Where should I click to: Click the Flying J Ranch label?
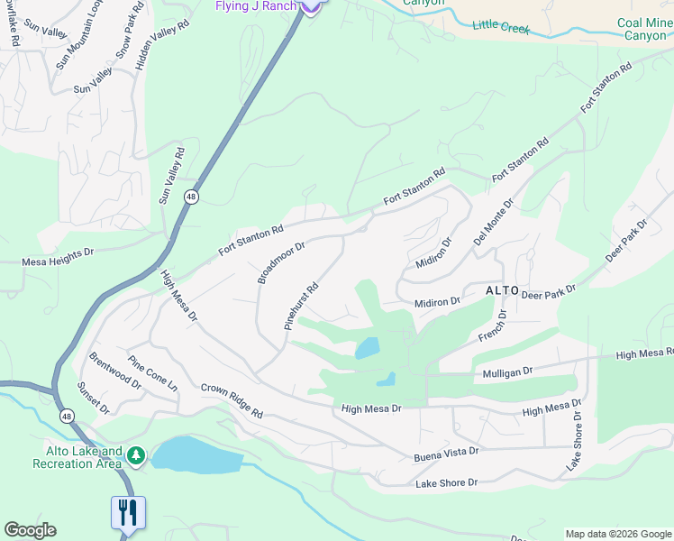pyautogui.click(x=255, y=6)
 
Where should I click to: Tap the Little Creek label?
pyautogui.click(x=502, y=28)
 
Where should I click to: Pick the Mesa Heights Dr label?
pyautogui.click(x=58, y=262)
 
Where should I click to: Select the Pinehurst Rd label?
pyautogui.click(x=302, y=307)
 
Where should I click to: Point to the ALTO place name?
pyautogui.click(x=502, y=290)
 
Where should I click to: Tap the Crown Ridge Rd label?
pyautogui.click(x=231, y=400)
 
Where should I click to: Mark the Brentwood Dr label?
pyautogui.click(x=115, y=370)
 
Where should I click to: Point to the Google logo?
pyautogui.click(x=30, y=530)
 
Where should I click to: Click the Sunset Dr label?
pyautogui.click(x=93, y=397)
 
